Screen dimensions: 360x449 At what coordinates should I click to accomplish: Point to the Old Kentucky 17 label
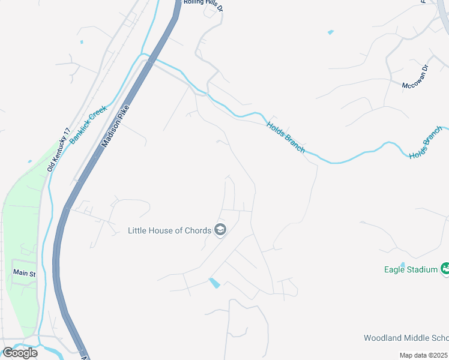pyautogui.click(x=59, y=149)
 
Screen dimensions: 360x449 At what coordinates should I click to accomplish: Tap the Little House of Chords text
pyautogui.click(x=170, y=230)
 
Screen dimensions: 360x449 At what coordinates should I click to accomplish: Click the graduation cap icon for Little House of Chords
pyautogui.click(x=220, y=230)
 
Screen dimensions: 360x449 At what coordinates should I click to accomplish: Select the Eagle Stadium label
pyautogui.click(x=411, y=269)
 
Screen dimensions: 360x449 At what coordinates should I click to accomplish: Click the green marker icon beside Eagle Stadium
pyautogui.click(x=445, y=268)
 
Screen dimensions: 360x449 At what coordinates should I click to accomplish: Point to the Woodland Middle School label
pyautogui.click(x=406, y=338)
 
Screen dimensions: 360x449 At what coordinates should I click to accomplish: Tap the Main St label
pyautogui.click(x=25, y=274)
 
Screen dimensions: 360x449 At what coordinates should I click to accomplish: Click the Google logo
pyautogui.click(x=20, y=353)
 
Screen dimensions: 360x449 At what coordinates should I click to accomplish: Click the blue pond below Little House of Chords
pyautogui.click(x=214, y=283)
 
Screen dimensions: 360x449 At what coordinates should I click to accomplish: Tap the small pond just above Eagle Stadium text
pyautogui.click(x=403, y=263)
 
